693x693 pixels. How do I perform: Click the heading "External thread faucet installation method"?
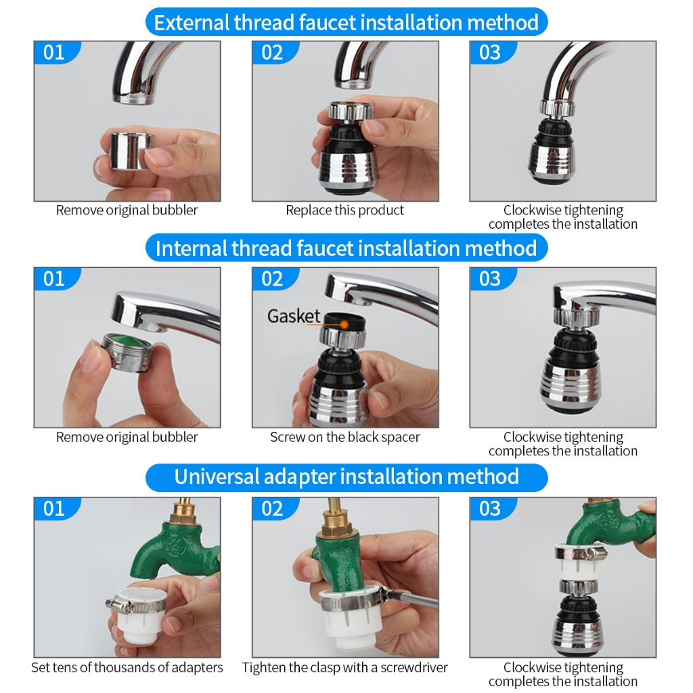point(346,22)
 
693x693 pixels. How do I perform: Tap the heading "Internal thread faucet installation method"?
point(346,248)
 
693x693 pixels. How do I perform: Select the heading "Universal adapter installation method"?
point(346,477)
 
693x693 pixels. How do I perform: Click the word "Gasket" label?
point(294,316)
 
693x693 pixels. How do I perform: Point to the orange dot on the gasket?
point(344,325)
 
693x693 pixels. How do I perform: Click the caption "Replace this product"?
point(344,210)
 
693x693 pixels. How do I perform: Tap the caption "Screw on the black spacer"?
point(344,437)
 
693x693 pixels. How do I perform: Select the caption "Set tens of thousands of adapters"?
point(127,667)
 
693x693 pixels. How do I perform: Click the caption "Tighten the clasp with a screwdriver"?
point(344,667)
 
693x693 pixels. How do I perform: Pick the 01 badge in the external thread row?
point(55,53)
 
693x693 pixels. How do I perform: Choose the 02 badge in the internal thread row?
point(273,279)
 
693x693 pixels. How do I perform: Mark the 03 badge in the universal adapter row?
point(491,509)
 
